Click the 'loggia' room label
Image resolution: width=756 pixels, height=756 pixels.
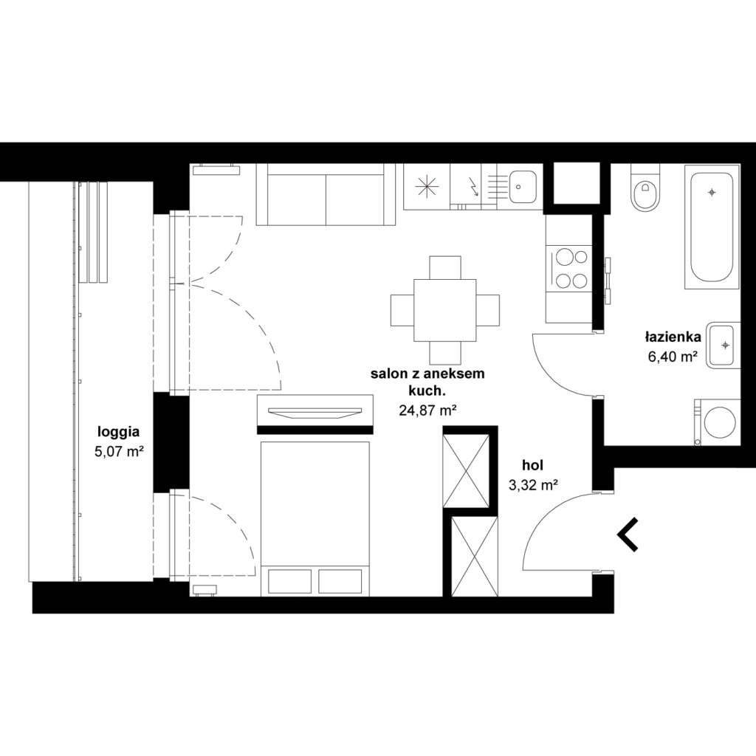pyautogui.click(x=119, y=433)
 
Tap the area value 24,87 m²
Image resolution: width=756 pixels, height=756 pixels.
pyautogui.click(x=427, y=410)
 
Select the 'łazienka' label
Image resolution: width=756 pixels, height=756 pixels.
pyautogui.click(x=673, y=337)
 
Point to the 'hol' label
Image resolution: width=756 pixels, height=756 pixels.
pyautogui.click(x=533, y=465)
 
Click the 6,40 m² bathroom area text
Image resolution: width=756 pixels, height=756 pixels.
pyautogui.click(x=673, y=357)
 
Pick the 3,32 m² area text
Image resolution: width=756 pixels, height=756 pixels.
pyautogui.click(x=533, y=485)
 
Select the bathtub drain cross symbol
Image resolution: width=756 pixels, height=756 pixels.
pyautogui.click(x=712, y=193)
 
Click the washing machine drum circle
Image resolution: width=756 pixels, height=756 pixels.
pyautogui.click(x=720, y=423)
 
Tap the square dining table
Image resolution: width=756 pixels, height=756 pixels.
pyautogui.click(x=445, y=310)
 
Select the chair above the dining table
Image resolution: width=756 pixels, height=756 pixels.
pyautogui.click(x=445, y=267)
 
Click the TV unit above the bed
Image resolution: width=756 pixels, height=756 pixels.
pyautogui.click(x=315, y=410)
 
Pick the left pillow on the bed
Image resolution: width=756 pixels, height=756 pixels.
pyautogui.click(x=289, y=581)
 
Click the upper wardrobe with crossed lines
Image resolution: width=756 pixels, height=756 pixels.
pyautogui.click(x=466, y=470)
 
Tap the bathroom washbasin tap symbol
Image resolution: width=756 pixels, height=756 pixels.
pyautogui.click(x=725, y=346)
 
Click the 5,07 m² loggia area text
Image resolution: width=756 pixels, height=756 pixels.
pyautogui.click(x=119, y=453)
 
